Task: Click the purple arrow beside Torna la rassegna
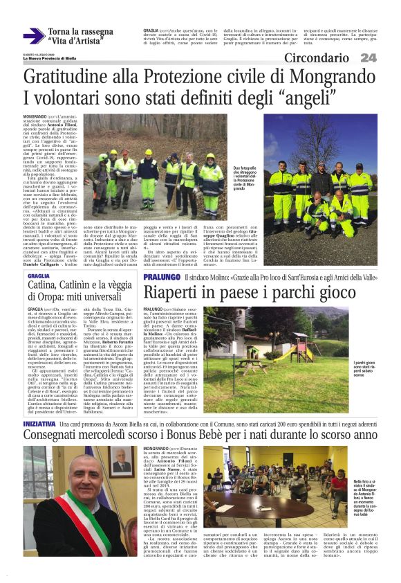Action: [33, 36]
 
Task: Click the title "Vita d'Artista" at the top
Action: [76, 42]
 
